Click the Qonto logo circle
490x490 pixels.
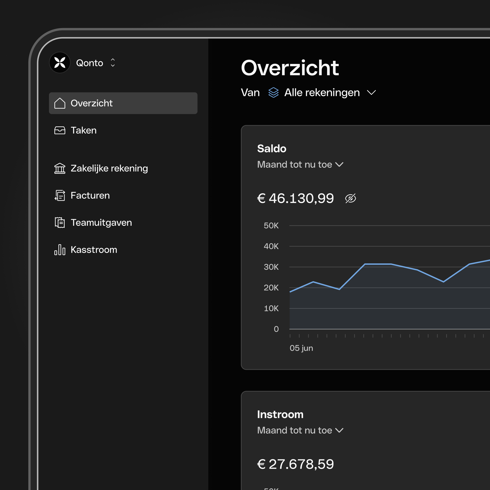[x=60, y=63]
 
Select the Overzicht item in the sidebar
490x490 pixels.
[x=123, y=103]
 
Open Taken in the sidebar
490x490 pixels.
[x=83, y=130]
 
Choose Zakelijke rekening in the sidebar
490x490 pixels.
[x=109, y=168]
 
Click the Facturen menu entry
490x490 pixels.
[x=90, y=196]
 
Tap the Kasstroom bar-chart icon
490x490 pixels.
[x=60, y=250]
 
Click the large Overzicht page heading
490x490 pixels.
[x=290, y=68]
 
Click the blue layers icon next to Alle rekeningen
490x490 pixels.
[x=273, y=93]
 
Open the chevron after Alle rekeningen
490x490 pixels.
[x=371, y=93]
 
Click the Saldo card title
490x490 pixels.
[x=272, y=149]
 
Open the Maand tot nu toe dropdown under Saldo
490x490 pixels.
[x=300, y=165]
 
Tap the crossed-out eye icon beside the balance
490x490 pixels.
[x=350, y=198]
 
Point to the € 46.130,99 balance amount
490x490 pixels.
[x=295, y=198]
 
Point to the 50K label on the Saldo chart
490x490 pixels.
[x=271, y=225]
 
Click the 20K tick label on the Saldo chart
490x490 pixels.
[x=271, y=288]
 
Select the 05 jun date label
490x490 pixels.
[x=301, y=348]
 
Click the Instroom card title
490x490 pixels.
[x=280, y=414]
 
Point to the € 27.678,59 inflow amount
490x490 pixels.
[x=295, y=464]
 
